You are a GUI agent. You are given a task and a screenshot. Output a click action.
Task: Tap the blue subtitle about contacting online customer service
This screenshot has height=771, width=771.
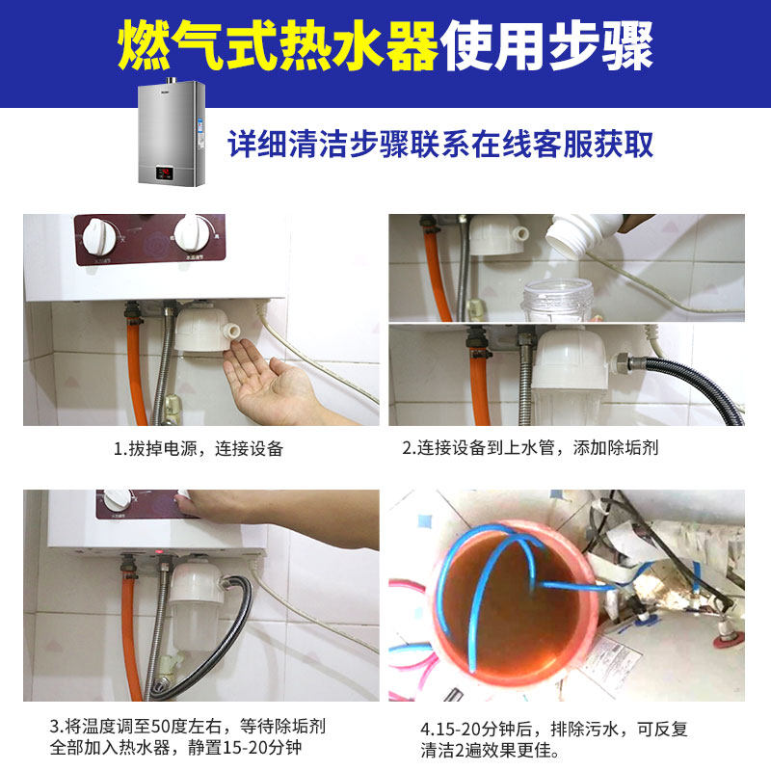coord(440,145)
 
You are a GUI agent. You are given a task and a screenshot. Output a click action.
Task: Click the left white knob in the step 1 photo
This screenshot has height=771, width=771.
coord(100,234)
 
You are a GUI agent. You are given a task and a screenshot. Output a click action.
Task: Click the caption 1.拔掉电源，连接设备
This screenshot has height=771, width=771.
coord(199,449)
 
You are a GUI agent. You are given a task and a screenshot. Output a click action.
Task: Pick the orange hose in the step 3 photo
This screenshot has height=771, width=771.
coord(132,636)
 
